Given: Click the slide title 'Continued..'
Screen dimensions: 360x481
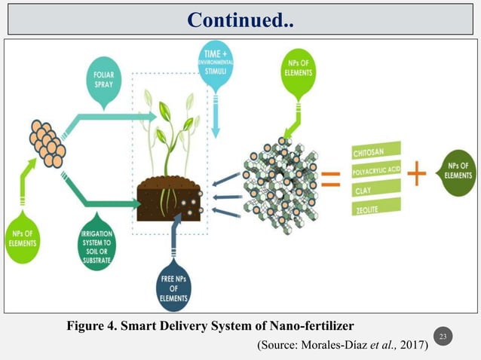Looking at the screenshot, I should coord(240,18).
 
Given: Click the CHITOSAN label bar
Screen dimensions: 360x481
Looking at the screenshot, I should coord(376,154).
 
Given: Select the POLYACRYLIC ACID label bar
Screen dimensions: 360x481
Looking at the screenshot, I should coord(376,171).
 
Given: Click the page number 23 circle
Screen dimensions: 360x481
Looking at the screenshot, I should coord(444,335).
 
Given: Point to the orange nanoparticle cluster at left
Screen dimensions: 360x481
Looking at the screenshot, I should coord(47,141).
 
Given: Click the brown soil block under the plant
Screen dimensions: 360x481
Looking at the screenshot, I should coord(170,197).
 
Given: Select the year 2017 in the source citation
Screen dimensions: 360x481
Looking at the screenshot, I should coord(412,345).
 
